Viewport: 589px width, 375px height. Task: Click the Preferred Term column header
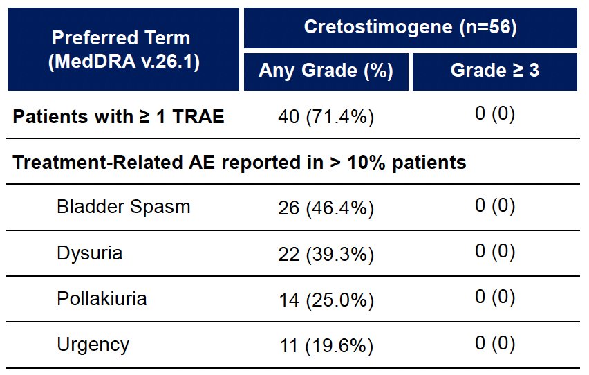coord(124,49)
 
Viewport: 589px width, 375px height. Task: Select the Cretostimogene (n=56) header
coord(410,27)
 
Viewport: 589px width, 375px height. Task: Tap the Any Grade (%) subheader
coord(326,71)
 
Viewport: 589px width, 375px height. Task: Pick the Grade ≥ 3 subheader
coord(495,70)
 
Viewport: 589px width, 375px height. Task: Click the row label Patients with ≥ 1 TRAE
coord(118,116)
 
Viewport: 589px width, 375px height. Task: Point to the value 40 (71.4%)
coord(326,117)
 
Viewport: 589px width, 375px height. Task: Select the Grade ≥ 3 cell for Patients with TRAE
coord(495,113)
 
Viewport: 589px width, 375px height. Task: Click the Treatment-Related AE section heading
coord(239,163)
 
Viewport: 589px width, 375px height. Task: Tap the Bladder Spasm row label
coord(124,208)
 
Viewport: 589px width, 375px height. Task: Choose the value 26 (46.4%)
coord(326,208)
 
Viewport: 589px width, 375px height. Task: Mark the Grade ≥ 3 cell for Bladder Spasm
coord(495,205)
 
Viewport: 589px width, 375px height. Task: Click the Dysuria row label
coord(89,253)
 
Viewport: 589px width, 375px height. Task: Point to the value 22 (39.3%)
coord(326,254)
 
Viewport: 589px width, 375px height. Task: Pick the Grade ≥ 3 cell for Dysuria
coord(495,251)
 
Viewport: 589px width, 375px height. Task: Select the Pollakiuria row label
coord(102,299)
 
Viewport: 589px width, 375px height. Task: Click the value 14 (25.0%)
coord(326,300)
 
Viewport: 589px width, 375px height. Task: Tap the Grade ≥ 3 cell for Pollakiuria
coord(495,297)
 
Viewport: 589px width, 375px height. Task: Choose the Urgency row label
coord(93,345)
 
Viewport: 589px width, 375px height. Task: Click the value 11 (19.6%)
coord(326,346)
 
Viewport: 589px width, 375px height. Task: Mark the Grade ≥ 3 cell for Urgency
coord(495,342)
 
